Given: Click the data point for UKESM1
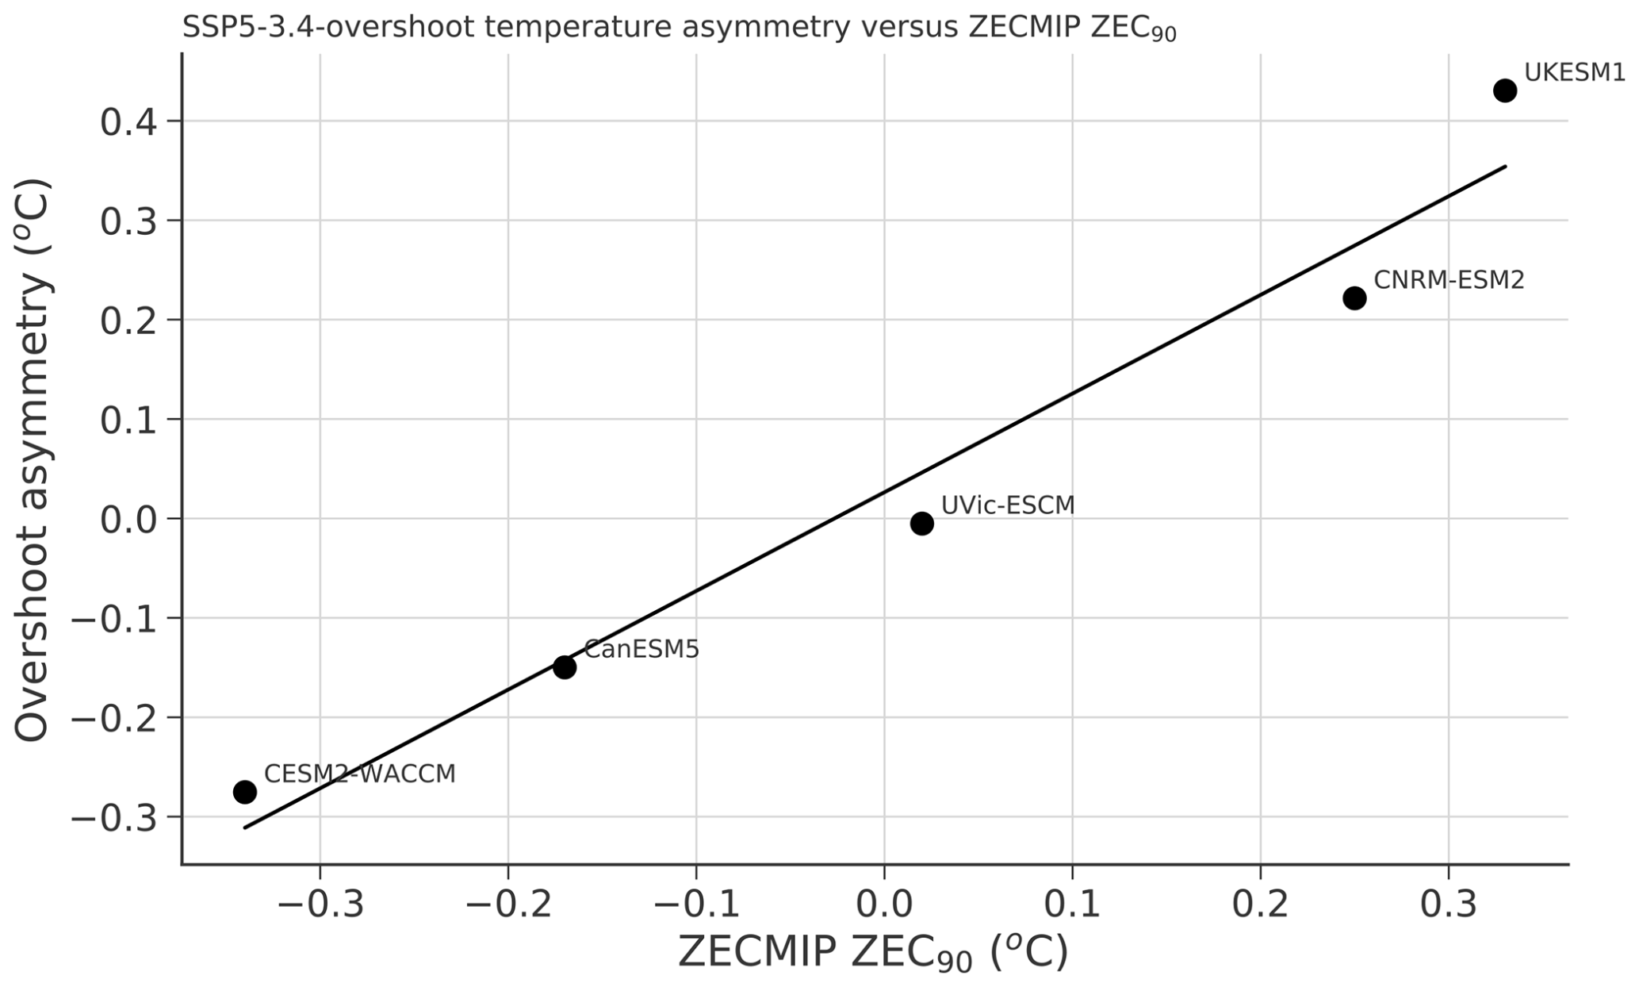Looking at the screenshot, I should pos(1504,90).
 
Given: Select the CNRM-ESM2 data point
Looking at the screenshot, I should pos(1354,298).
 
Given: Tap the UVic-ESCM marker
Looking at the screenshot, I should pos(921,523).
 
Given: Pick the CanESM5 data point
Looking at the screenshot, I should pos(564,667).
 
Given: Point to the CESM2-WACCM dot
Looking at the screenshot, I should pos(244,792).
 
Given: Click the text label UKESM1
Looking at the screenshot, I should pos(1574,72).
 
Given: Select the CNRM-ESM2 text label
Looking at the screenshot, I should pos(1449,280).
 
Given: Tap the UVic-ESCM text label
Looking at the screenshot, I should pos(1007,505).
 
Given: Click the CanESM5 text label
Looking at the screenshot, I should pos(641,650).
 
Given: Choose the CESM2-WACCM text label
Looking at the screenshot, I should pos(359,774).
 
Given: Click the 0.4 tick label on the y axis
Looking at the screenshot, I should pos(130,123).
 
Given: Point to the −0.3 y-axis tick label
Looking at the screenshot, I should pos(116,818).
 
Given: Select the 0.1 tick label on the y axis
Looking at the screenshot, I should pos(130,421).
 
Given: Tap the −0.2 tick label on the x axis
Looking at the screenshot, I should pos(507,905).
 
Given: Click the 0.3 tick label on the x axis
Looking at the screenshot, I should pos(1448,905).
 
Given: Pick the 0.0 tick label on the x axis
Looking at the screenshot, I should pos(884,905).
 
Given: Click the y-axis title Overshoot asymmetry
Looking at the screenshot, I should pos(33,460).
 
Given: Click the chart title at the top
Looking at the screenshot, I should pos(679,29).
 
